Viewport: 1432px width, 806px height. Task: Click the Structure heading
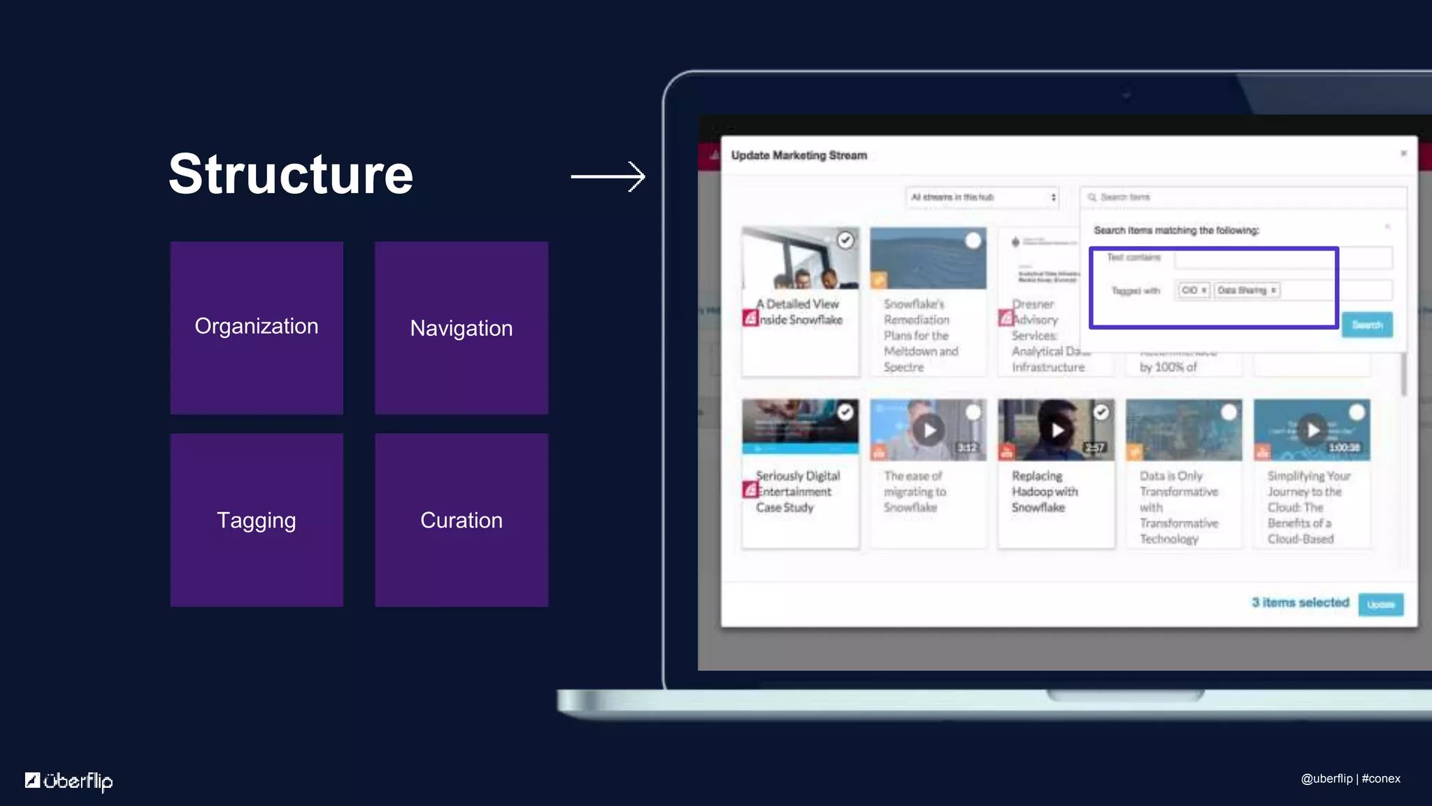[291, 174]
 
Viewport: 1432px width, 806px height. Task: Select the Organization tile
[257, 327]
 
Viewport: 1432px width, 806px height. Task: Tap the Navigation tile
[461, 327]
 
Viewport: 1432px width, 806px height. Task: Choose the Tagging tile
[257, 520]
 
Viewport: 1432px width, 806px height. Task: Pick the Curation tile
[461, 520]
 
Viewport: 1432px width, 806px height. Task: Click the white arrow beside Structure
[608, 176]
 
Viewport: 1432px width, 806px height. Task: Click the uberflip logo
[69, 780]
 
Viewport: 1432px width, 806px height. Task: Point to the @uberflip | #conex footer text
[1350, 779]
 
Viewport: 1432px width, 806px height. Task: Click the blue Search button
[1367, 325]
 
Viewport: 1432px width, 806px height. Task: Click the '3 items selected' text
[1300, 602]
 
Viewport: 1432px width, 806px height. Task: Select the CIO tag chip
[1193, 290]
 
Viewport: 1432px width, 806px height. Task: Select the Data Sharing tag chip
[1246, 290]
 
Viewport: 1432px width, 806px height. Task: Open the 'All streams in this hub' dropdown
[982, 197]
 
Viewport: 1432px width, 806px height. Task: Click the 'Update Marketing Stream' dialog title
[799, 155]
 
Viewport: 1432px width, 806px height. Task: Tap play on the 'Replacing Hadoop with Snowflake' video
[1057, 430]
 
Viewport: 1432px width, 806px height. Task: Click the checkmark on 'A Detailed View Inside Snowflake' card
[845, 241]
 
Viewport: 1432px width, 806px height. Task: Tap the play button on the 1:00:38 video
[1313, 430]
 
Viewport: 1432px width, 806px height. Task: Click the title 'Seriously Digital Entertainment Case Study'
[797, 491]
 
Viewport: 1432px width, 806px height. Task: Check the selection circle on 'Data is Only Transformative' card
[1229, 413]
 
